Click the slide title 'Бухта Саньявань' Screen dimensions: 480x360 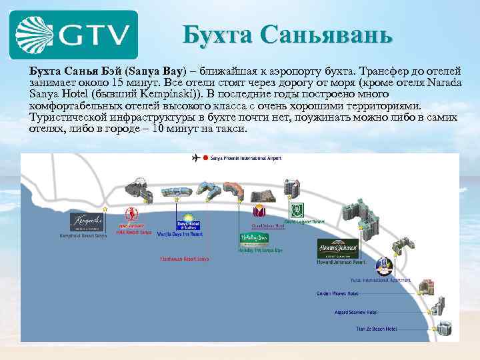click(x=288, y=33)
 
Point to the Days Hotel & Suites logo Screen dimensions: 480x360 click(x=188, y=223)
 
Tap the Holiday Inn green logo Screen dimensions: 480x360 click(x=254, y=239)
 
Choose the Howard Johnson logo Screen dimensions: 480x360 click(x=338, y=247)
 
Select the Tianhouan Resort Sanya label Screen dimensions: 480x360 click(x=185, y=259)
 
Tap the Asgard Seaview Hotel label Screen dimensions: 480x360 click(x=356, y=312)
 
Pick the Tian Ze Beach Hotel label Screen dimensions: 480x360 click(x=375, y=329)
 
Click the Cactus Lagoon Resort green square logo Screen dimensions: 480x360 click(x=296, y=210)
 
